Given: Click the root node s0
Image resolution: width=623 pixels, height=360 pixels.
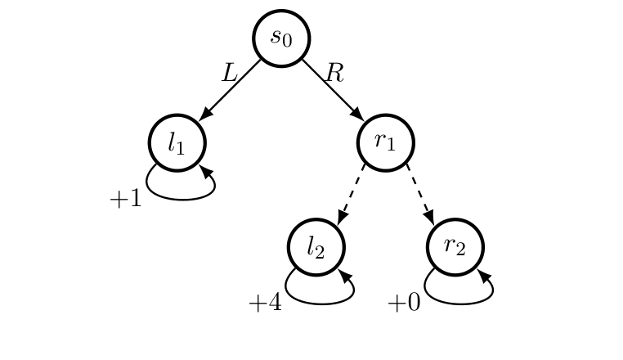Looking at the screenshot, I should (281, 38).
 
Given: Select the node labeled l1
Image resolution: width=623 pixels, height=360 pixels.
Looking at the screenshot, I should (177, 142).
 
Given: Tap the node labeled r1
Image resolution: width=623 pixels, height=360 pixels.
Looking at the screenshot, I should (386, 142).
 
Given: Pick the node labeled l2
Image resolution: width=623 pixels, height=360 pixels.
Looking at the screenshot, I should (316, 247).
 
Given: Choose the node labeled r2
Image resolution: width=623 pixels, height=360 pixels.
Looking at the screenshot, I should (455, 247).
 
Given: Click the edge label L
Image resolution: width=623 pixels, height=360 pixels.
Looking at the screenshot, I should (230, 74).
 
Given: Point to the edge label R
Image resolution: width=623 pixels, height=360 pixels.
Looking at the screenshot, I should (334, 74).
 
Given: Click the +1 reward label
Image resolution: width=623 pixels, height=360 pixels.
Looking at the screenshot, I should (126, 199).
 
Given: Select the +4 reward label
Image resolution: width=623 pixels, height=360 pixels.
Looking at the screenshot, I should (265, 304).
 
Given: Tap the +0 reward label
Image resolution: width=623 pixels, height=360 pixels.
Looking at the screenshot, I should (404, 304).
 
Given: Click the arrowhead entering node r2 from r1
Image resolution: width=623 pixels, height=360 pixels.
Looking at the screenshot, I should (428, 217).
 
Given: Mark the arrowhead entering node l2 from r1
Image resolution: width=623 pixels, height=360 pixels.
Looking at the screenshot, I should (342, 217).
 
